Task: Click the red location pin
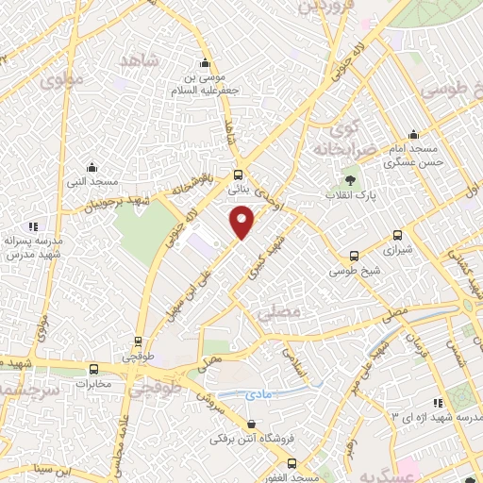pyautogui.click(x=242, y=224)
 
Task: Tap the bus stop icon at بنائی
pyautogui.click(x=238, y=175)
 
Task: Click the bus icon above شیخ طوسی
pyautogui.click(x=354, y=256)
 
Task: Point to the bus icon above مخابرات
pyautogui.click(x=93, y=369)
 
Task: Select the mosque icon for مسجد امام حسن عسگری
pyautogui.click(x=412, y=134)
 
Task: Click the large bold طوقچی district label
pyautogui.click(x=156, y=387)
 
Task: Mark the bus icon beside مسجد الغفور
pyautogui.click(x=291, y=463)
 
